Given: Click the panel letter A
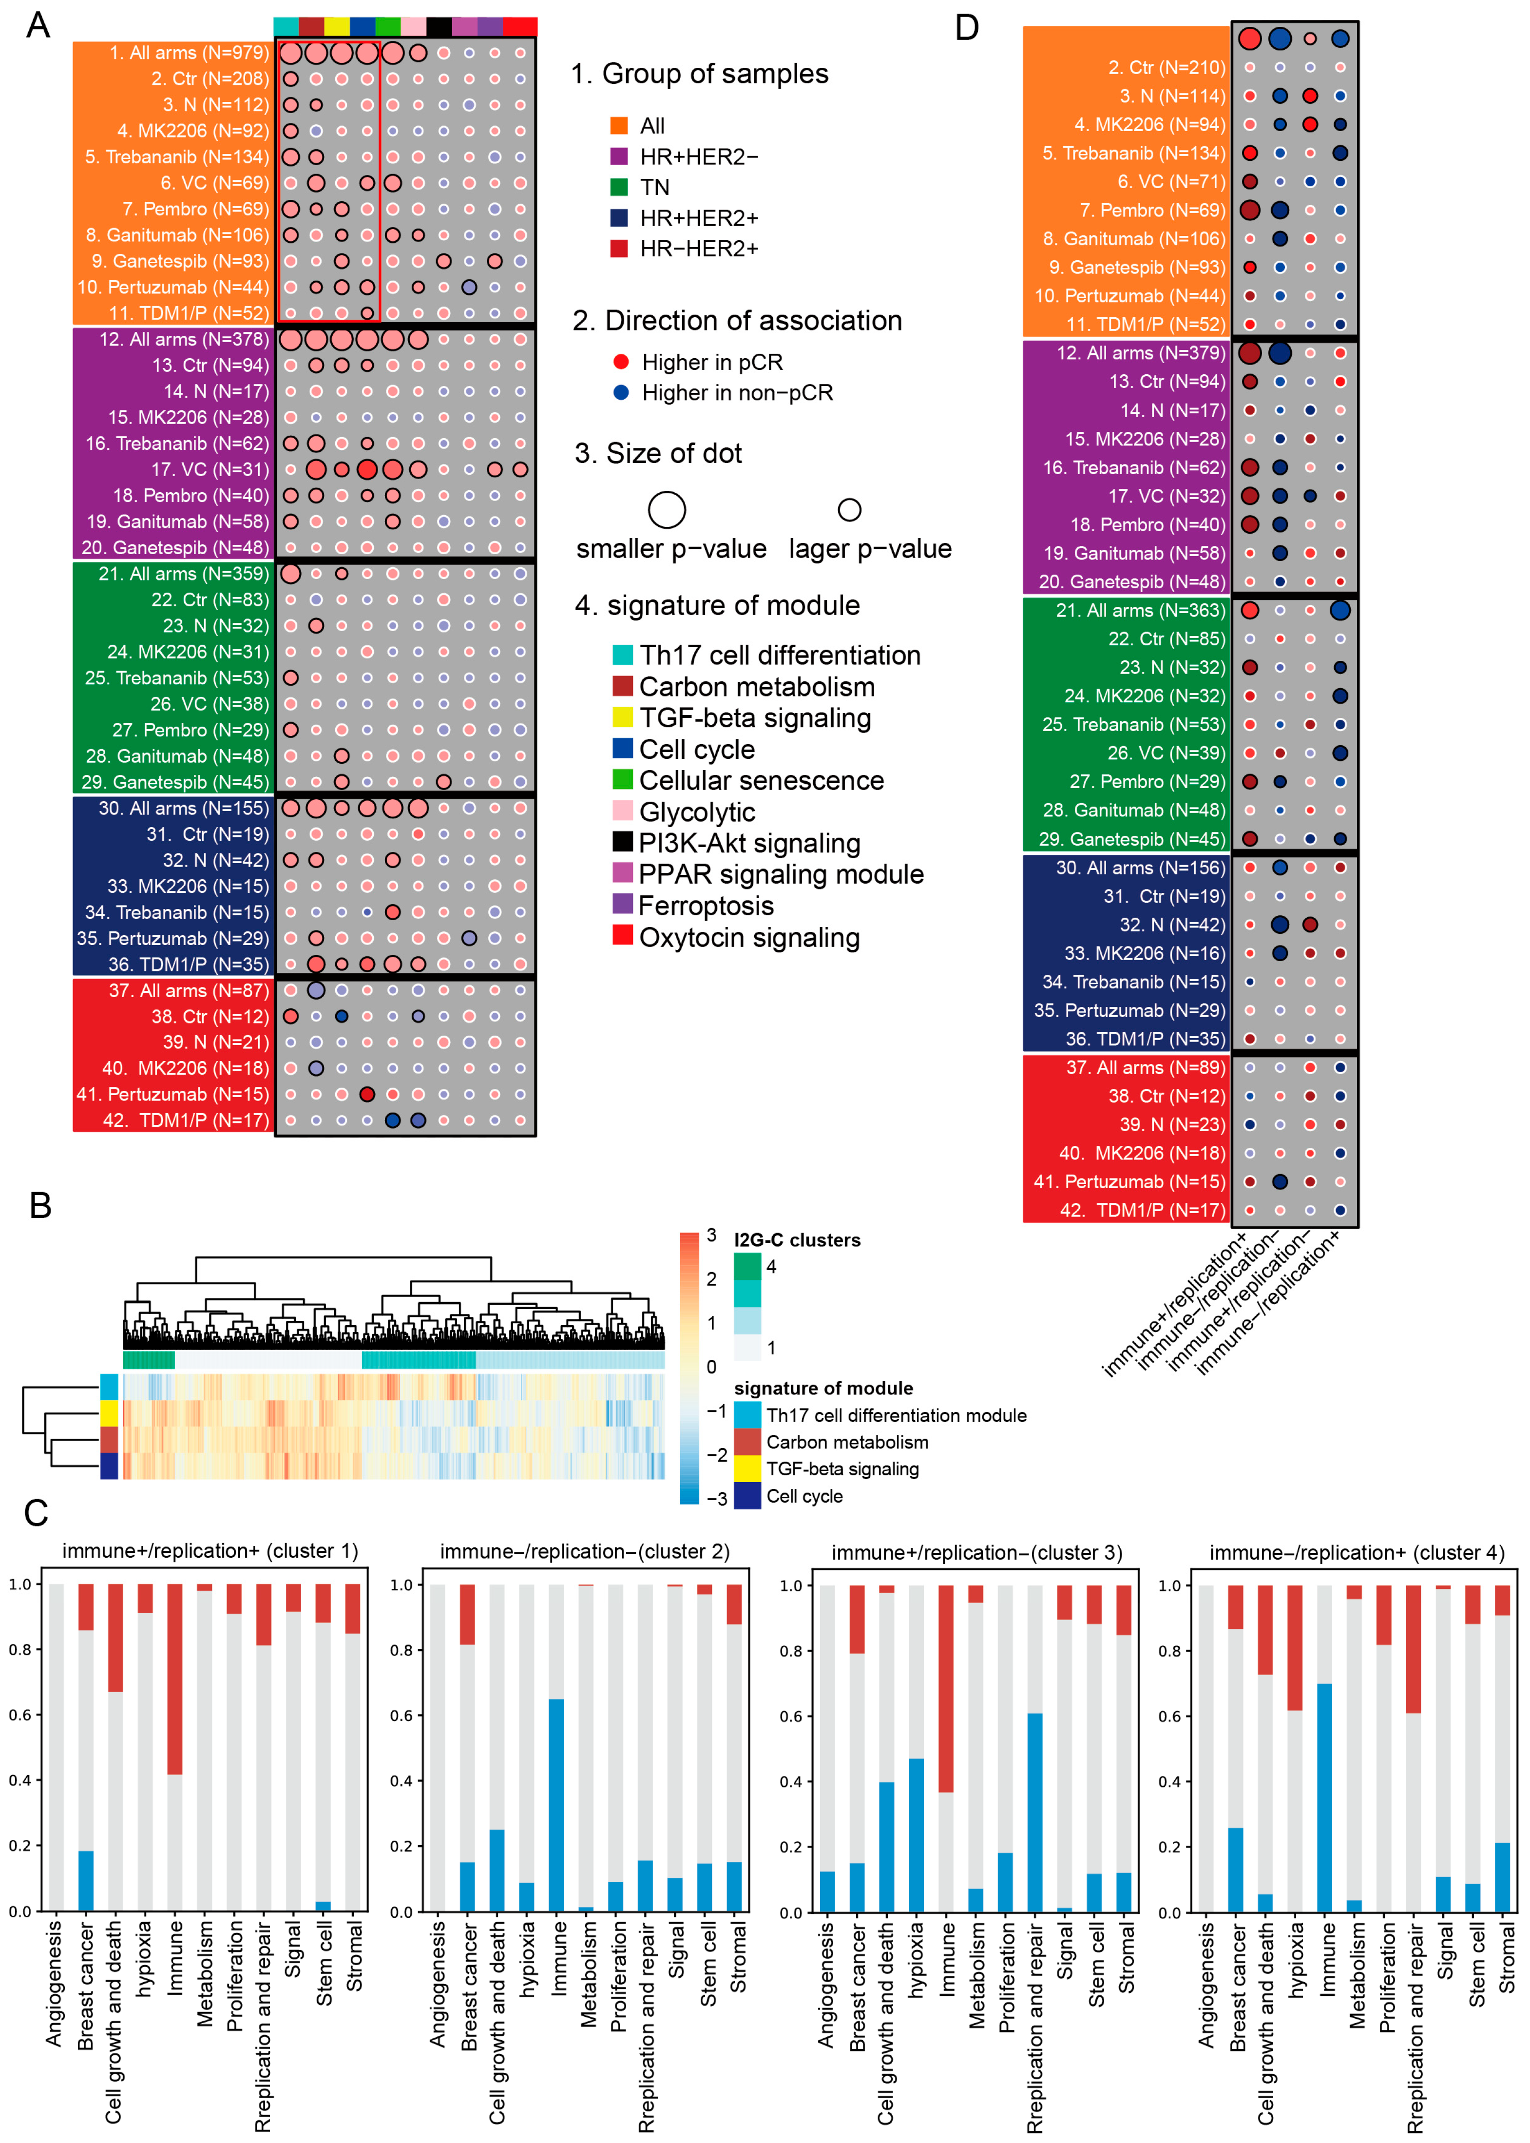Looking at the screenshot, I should pyautogui.click(x=38, y=25).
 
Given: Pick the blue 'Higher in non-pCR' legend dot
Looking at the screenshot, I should pyautogui.click(x=621, y=392).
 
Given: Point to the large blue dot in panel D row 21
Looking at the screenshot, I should pyautogui.click(x=1339, y=611).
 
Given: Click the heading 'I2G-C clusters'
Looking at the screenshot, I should pyautogui.click(x=797, y=1240).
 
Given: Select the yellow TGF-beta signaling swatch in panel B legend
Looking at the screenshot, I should pyautogui.click(x=747, y=1469).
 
